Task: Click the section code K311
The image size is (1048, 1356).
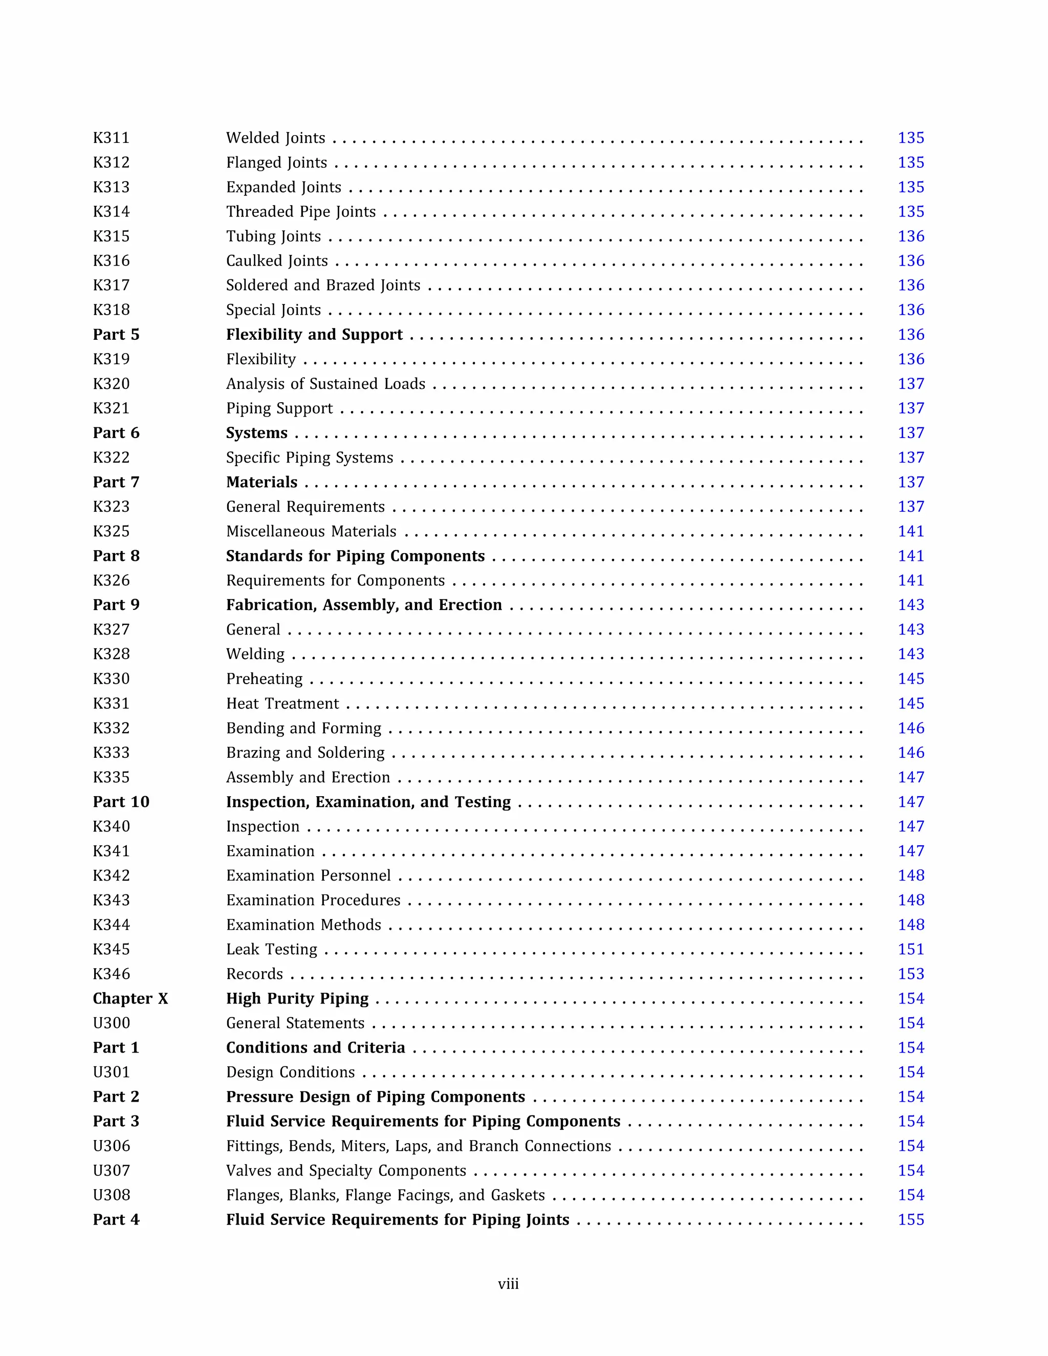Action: click(111, 138)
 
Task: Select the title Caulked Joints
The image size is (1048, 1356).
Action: click(276, 261)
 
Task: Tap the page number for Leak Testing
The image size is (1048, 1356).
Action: click(910, 949)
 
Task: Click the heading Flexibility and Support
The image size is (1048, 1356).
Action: click(314, 335)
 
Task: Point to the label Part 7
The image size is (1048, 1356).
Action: click(116, 483)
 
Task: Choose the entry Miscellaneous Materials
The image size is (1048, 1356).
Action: click(311, 532)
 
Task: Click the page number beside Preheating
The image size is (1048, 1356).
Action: click(910, 679)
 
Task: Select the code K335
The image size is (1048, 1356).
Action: click(111, 777)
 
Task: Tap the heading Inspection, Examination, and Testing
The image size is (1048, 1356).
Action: click(368, 802)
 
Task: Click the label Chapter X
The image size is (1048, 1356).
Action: click(130, 998)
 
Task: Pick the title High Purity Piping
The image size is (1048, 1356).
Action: click(297, 998)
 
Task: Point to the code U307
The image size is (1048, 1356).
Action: click(111, 1171)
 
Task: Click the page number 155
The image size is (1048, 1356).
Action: click(910, 1220)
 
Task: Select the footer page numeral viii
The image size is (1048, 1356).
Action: click(508, 1284)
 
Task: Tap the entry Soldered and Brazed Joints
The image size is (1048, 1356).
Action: click(323, 286)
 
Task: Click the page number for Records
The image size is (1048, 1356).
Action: click(910, 974)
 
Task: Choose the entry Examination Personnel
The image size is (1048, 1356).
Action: click(308, 876)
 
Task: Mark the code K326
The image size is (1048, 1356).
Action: click(111, 581)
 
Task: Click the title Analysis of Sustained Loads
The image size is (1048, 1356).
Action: click(325, 384)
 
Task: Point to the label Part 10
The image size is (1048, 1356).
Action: click(121, 802)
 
